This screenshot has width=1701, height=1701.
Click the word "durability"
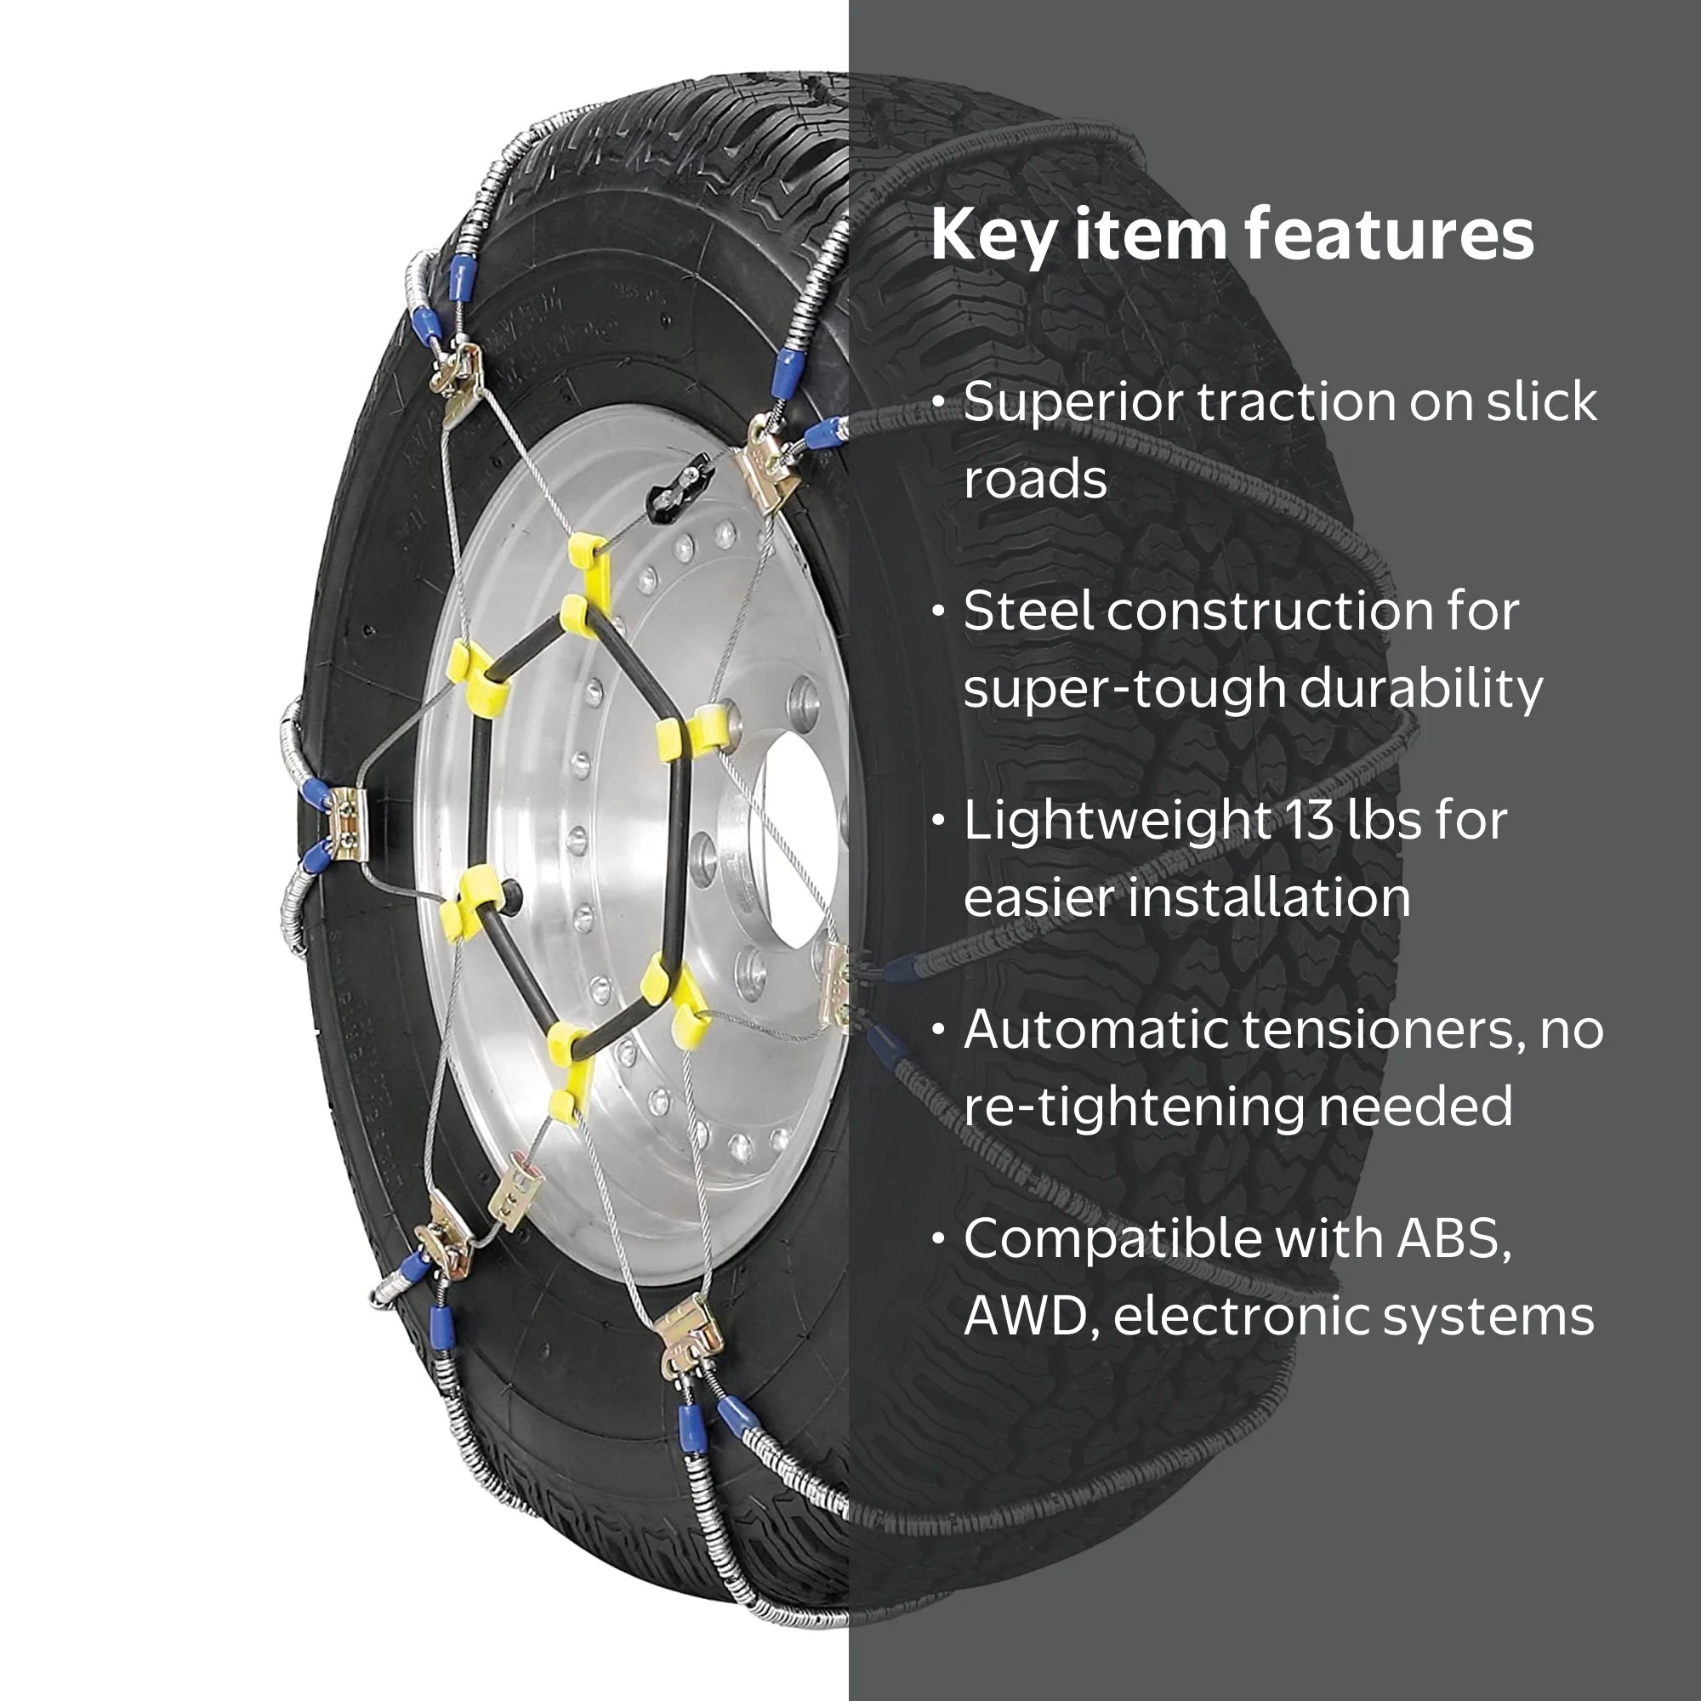click(x=1421, y=689)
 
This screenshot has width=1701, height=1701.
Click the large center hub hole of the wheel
click(x=799, y=841)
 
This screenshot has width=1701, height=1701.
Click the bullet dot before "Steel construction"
click(x=940, y=611)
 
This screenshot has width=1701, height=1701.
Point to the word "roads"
click(x=1035, y=481)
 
